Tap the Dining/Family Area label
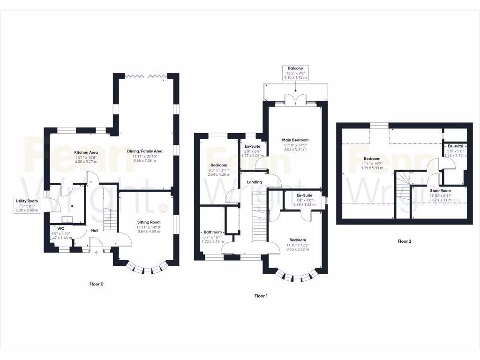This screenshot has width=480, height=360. click(144, 151)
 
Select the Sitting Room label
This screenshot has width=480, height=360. click(149, 222)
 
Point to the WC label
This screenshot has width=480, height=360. click(60, 229)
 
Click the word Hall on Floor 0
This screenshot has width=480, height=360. click(95, 230)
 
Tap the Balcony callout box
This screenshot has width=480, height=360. click(295, 73)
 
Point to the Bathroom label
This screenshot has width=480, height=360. click(212, 232)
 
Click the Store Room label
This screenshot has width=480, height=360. click(440, 191)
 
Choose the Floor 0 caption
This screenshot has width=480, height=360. click(96, 284)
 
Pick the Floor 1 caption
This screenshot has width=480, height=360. click(261, 296)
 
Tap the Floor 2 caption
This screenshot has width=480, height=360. click(404, 241)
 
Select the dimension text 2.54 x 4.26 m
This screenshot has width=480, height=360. click(219, 174)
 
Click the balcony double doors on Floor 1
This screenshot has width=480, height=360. click(295, 99)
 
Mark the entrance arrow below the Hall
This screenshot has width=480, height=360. click(97, 254)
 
